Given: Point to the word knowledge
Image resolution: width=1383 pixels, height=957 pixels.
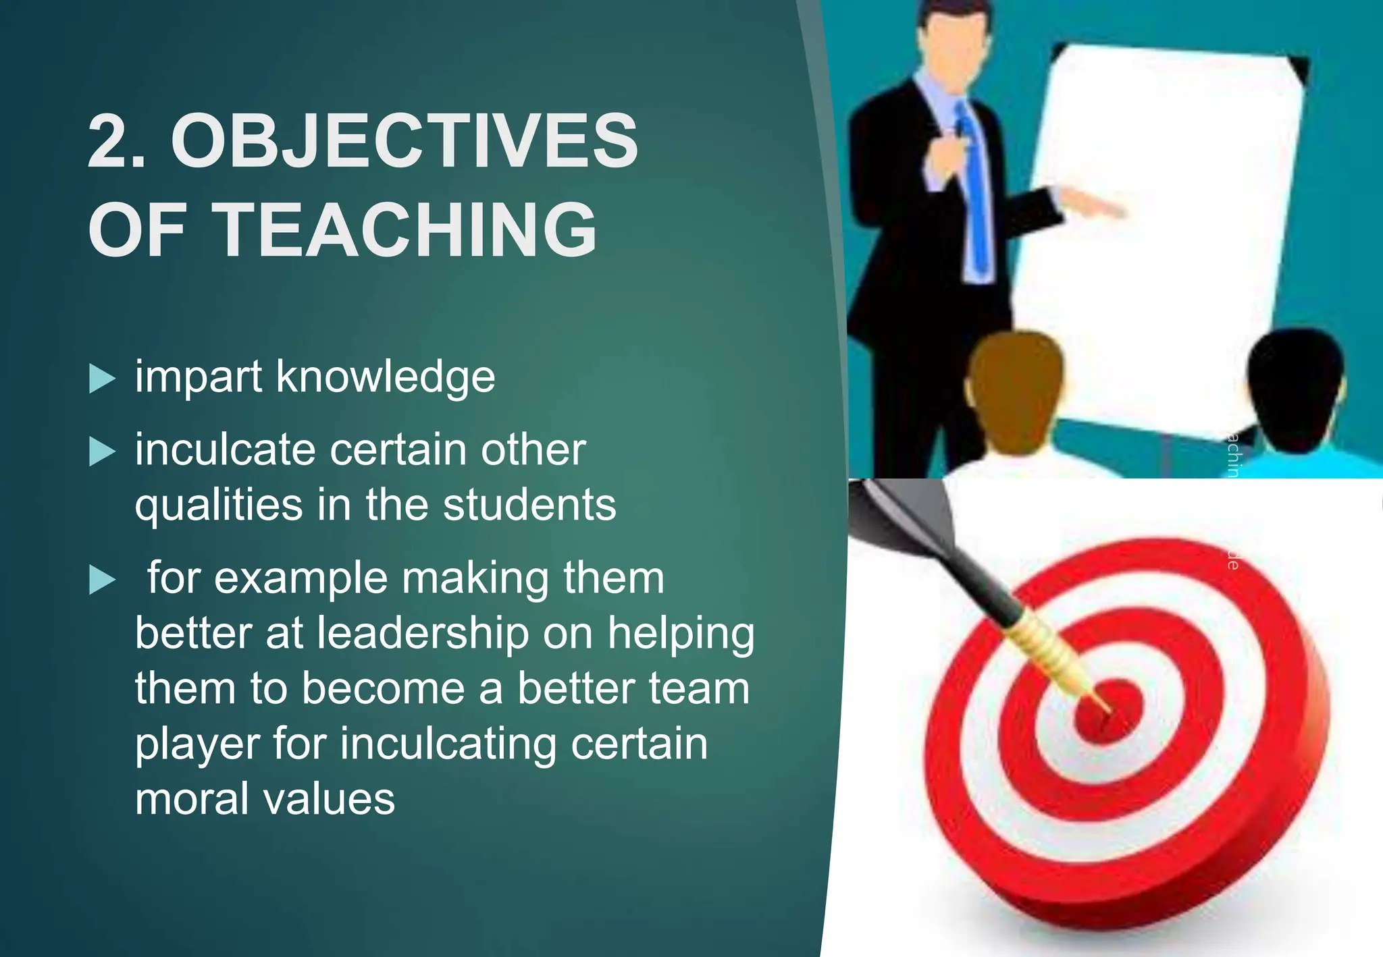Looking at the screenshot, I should [x=386, y=377].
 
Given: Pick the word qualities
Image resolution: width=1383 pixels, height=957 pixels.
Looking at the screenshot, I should [x=219, y=506].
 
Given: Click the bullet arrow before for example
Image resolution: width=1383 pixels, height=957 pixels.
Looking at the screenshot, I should [x=102, y=580].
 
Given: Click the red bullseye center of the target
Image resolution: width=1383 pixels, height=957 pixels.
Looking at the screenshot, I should [x=1107, y=712].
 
